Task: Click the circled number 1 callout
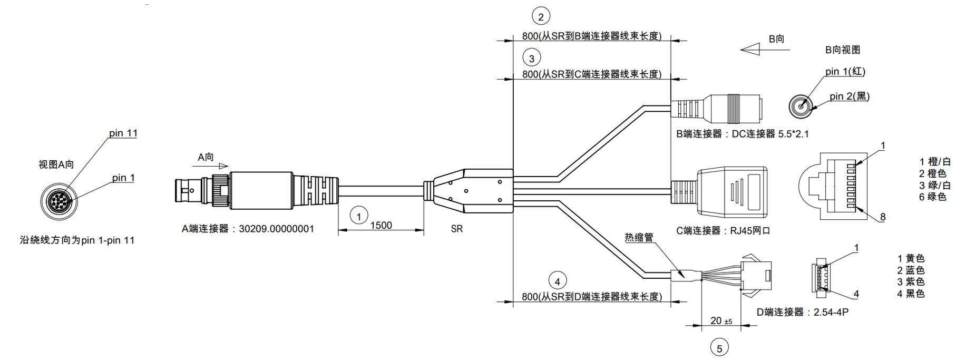359,216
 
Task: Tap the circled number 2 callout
541,17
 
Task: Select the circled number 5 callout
719,347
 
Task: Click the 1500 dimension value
381,226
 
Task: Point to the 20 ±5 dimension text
721,320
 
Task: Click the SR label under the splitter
457,229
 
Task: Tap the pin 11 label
123,133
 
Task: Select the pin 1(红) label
845,71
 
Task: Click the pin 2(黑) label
850,96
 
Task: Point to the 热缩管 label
639,237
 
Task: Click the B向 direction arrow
765,50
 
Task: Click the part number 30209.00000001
277,229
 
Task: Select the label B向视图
843,50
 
